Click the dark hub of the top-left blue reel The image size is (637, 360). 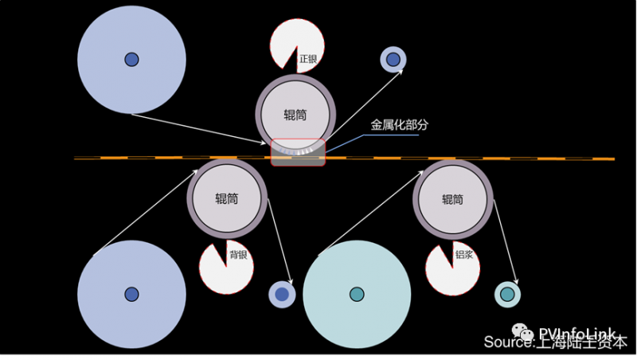[131, 59]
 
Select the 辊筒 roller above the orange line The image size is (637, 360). [295, 115]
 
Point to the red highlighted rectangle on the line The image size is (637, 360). [298, 152]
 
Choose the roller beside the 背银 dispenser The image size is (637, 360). [227, 198]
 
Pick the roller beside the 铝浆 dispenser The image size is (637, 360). [452, 199]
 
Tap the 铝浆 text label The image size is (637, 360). [464, 256]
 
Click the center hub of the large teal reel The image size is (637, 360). [357, 294]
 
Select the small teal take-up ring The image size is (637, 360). [507, 294]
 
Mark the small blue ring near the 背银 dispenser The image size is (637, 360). [282, 294]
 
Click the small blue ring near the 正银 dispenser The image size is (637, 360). [393, 57]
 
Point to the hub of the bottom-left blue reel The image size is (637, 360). [131, 294]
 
